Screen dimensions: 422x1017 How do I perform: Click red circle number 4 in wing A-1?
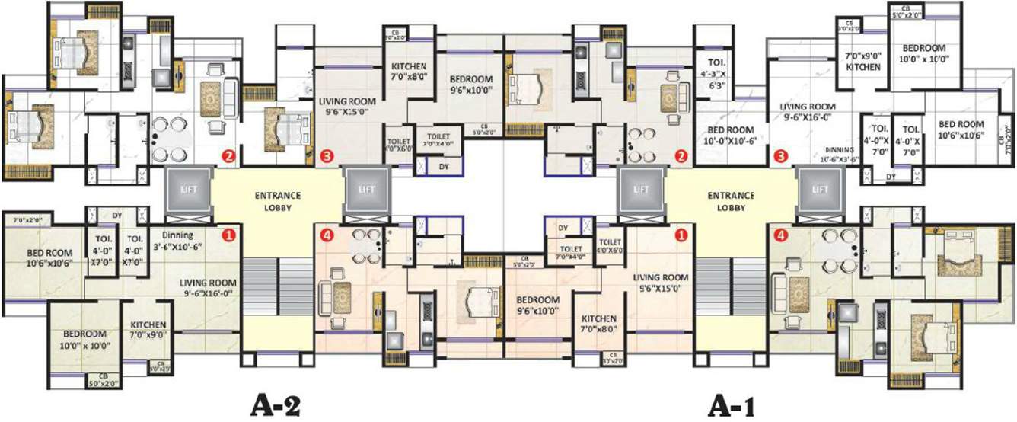[779, 235]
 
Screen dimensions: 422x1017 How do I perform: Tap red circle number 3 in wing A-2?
[327, 157]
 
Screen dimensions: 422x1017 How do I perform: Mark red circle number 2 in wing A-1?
[682, 157]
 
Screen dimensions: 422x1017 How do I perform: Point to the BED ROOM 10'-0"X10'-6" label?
[726, 135]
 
